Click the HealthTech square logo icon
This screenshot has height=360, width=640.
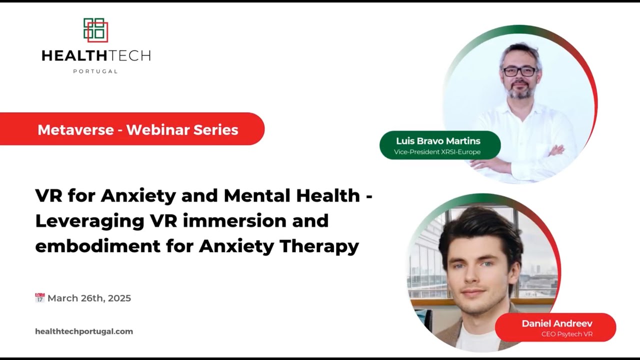[95, 30]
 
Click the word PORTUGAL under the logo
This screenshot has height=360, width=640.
[95, 71]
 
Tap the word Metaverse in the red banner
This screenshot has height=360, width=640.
[74, 129]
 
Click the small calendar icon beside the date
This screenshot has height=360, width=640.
[40, 298]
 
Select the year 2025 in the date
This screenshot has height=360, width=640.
[119, 298]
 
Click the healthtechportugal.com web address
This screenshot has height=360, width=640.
[84, 331]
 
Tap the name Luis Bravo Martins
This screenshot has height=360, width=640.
[438, 141]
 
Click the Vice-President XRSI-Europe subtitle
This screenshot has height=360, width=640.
[437, 152]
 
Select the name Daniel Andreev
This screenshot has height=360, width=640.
[557, 323]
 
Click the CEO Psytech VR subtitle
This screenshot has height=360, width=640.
[567, 334]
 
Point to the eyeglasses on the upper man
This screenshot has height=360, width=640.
[519, 71]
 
